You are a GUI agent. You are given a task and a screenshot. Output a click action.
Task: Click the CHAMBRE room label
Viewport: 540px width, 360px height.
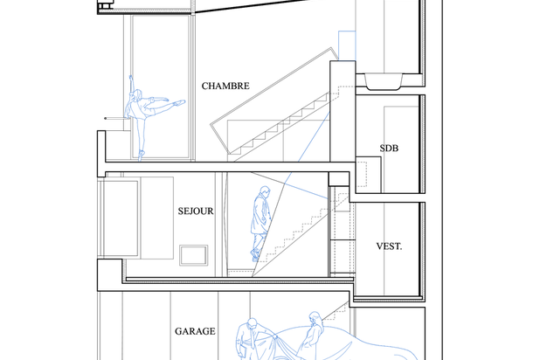click(225, 86)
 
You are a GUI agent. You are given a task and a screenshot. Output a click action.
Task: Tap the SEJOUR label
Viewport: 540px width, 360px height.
click(196, 211)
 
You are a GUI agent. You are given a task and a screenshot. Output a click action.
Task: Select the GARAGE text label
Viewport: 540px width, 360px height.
click(195, 331)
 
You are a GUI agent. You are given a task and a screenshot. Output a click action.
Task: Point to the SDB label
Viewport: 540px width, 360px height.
click(389, 149)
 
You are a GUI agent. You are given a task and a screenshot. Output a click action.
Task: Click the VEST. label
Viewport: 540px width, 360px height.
click(389, 246)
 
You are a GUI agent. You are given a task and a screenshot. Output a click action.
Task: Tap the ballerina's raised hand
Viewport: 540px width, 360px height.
click(130, 77)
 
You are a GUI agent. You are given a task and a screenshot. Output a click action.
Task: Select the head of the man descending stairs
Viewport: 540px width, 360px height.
click(265, 190)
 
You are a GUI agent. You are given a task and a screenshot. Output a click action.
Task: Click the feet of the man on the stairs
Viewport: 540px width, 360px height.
click(255, 254)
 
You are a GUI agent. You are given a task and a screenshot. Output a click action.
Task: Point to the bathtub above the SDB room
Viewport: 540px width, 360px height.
click(384, 81)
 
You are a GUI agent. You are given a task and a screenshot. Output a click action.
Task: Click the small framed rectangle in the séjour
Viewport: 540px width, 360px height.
click(194, 255)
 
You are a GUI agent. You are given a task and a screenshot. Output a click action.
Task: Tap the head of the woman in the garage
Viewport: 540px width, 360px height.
click(315, 317)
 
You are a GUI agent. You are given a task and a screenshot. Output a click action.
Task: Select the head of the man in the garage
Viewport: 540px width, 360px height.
click(253, 323)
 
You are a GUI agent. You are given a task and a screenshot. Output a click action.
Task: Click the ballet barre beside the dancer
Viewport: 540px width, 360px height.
click(117, 119)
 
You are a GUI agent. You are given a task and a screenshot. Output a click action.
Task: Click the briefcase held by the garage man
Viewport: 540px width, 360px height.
click(242, 352)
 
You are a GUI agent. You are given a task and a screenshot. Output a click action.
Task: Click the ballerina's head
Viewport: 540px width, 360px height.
click(137, 94)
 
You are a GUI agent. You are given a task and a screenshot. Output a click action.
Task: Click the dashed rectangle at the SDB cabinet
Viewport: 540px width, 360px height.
click(361, 174)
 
